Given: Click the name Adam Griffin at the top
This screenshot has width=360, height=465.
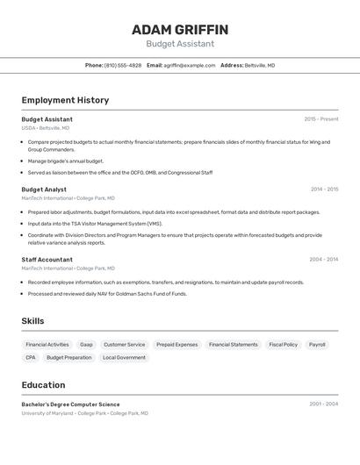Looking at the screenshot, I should tap(180, 30).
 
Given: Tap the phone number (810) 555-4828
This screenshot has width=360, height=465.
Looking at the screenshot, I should tap(123, 65).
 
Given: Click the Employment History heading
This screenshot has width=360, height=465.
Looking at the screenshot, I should tap(65, 100).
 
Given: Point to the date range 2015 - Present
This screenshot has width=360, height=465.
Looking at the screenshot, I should tap(321, 119).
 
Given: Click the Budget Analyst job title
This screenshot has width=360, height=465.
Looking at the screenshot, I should tap(44, 190).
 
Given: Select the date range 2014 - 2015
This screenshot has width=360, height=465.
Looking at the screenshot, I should tap(324, 190).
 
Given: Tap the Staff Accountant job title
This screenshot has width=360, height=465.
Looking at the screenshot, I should tap(47, 260).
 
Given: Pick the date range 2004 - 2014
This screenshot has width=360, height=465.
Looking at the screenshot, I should tap(324, 260).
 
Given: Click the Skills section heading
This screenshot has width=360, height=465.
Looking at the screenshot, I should tap(32, 321).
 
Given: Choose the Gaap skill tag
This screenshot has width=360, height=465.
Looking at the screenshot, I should tap(86, 345).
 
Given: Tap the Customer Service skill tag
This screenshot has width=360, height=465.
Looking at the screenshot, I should tap(124, 345).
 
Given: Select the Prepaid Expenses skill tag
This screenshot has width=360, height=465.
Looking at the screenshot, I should tap(176, 345).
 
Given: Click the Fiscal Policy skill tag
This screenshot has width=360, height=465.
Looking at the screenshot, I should tap(283, 345).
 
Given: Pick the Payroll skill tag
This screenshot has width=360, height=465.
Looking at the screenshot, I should tap(317, 345).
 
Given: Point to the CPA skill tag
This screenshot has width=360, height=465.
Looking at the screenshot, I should tap(31, 358).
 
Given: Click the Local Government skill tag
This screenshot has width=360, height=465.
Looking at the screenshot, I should tap(124, 358).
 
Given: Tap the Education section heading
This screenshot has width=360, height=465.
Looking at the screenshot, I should tap(43, 385).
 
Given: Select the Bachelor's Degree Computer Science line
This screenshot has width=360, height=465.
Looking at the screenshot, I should tap(70, 404).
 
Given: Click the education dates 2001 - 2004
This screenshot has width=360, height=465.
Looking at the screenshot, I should tap(324, 404).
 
